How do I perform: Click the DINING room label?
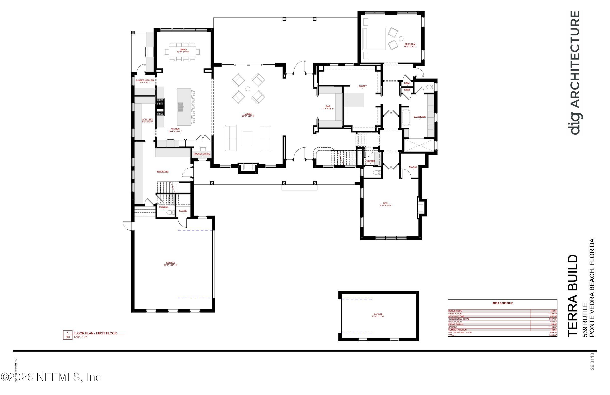183,49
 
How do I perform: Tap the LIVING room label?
248,114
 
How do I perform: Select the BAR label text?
328,106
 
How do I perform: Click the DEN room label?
385,203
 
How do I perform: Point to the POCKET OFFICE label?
202,154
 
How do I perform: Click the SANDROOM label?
162,171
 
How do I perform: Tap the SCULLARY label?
147,119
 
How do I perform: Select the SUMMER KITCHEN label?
145,80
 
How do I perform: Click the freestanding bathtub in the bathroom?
405,118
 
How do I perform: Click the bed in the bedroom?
375,39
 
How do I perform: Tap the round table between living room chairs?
248,89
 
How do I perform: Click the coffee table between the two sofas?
248,138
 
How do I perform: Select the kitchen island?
184,107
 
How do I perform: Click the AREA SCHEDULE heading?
502,303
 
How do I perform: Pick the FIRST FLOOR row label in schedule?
455,314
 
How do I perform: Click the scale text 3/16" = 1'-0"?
80,337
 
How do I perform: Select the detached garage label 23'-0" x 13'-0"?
378,316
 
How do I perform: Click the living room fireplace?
248,168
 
